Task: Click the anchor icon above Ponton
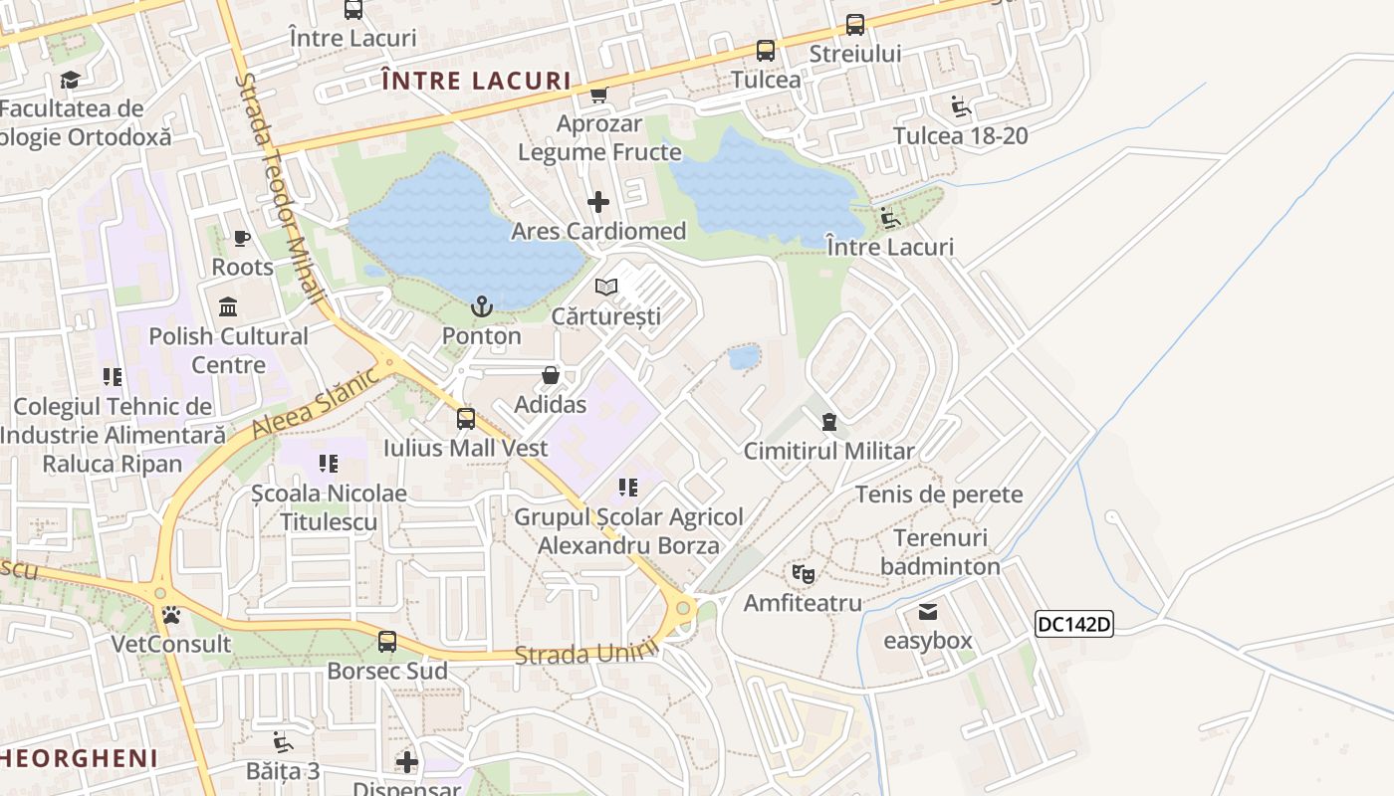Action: pyautogui.click(x=482, y=306)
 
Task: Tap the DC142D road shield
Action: pyautogui.click(x=1073, y=624)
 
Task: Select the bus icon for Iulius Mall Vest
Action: pyautogui.click(x=465, y=419)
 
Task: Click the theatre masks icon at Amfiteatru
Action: pyautogui.click(x=803, y=573)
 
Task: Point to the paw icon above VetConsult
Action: pyautogui.click(x=171, y=615)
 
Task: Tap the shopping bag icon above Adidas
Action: pyautogui.click(x=550, y=375)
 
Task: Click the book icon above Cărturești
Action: pyautogui.click(x=605, y=288)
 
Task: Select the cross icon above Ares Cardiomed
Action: pyautogui.click(x=597, y=202)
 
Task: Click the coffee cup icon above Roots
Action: pyautogui.click(x=241, y=238)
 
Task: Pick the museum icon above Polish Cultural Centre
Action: pyautogui.click(x=228, y=306)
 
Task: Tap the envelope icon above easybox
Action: pyautogui.click(x=928, y=611)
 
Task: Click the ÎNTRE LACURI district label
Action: pyautogui.click(x=476, y=81)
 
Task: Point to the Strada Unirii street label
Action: pyautogui.click(x=587, y=653)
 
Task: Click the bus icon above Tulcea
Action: pyautogui.click(x=765, y=51)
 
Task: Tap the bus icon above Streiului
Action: pyautogui.click(x=854, y=25)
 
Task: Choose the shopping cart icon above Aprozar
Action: pyautogui.click(x=598, y=96)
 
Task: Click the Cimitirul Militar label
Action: pyautogui.click(x=828, y=451)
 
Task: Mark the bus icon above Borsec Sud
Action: pyautogui.click(x=386, y=642)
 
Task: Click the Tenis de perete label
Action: pyautogui.click(x=939, y=495)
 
